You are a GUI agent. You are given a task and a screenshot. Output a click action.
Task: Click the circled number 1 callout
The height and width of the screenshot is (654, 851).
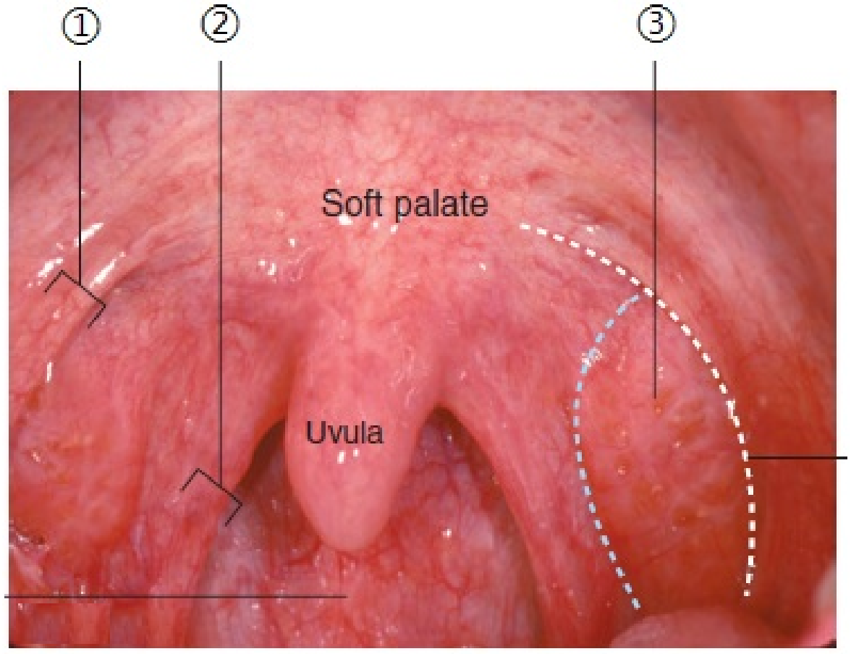[80, 27]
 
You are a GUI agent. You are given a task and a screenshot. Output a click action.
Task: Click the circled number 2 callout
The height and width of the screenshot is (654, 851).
[220, 24]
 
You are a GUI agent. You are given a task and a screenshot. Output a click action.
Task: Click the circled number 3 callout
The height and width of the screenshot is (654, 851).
[656, 24]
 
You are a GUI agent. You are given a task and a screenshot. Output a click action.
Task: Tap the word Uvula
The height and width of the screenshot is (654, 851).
[344, 433]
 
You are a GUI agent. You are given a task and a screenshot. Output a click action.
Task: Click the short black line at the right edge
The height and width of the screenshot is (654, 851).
[797, 457]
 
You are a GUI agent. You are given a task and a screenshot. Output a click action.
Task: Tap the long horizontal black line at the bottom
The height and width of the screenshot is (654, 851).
[175, 596]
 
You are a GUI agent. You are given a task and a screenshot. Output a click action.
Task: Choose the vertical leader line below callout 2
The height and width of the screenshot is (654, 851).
[220, 271]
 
